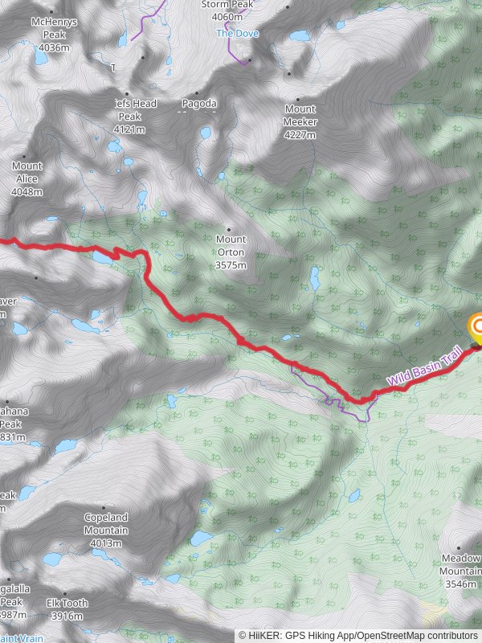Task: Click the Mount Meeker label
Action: pyautogui.click(x=300, y=116)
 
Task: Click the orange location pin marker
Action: pyautogui.click(x=476, y=326)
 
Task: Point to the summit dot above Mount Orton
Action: pyautogui.click(x=229, y=227)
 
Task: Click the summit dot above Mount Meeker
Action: pyautogui.click(x=289, y=74)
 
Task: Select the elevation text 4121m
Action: pyautogui.click(x=129, y=129)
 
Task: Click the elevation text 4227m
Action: pyautogui.click(x=300, y=135)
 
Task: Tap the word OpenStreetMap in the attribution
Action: pyautogui.click(x=387, y=635)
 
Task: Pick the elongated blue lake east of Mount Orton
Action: pyautogui.click(x=316, y=279)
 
